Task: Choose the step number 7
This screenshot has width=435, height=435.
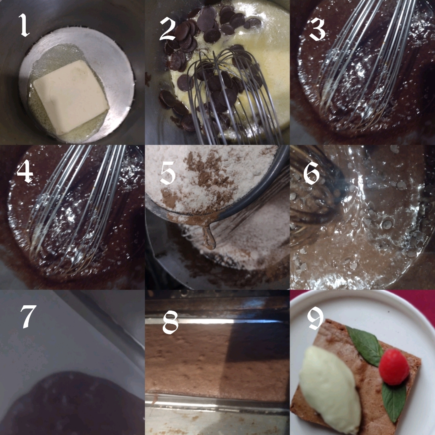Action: pos(28,317)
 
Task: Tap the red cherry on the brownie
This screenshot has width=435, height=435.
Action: pos(394,367)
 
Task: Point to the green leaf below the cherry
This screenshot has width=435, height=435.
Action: pos(395,401)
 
